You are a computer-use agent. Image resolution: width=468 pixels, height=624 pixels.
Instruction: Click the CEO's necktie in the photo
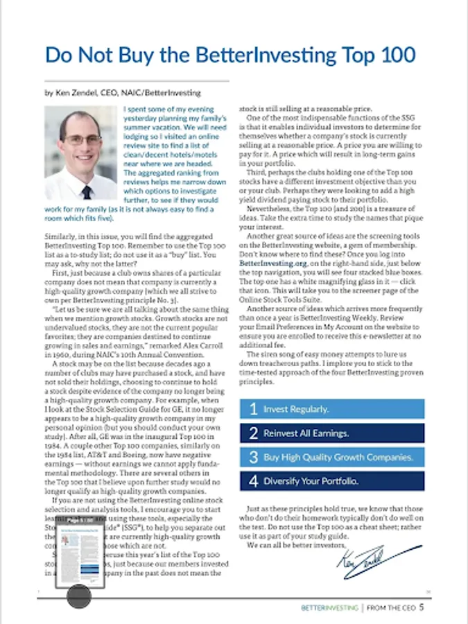[86, 191]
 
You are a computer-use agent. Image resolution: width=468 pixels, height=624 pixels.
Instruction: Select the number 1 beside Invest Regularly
[253, 409]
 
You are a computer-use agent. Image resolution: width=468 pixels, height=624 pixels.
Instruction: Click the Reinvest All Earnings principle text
[306, 433]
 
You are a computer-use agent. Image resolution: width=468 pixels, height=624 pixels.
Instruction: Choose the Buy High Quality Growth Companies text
[338, 458]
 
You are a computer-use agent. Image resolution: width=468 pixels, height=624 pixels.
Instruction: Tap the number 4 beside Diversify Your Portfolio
[253, 481]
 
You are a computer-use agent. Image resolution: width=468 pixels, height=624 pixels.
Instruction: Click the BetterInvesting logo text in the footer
[329, 608]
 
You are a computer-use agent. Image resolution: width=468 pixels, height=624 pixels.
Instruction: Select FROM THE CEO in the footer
[390, 608]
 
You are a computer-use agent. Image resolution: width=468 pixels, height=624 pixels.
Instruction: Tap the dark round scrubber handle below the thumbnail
[78, 594]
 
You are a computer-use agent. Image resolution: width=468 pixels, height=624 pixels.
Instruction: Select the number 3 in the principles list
[253, 458]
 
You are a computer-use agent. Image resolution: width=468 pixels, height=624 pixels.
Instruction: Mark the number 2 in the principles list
[253, 433]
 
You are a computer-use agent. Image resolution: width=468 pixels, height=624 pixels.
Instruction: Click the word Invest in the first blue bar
[276, 409]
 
